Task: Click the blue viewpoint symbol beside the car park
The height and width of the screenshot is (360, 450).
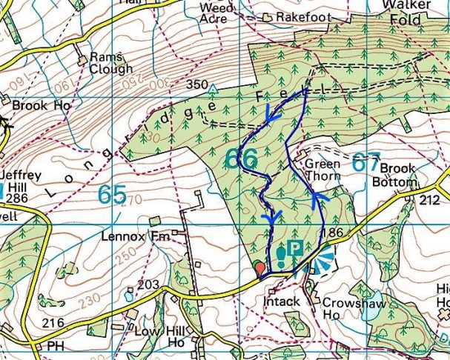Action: click(x=320, y=260)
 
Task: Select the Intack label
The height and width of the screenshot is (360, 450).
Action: click(x=282, y=301)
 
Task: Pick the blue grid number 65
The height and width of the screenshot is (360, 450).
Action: click(x=111, y=195)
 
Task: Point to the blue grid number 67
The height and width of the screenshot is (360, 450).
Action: click(x=365, y=163)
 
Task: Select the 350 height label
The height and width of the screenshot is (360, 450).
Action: click(x=197, y=84)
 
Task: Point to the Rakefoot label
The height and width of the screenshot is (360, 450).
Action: click(x=301, y=16)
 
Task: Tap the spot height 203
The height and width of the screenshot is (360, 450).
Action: click(x=148, y=284)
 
